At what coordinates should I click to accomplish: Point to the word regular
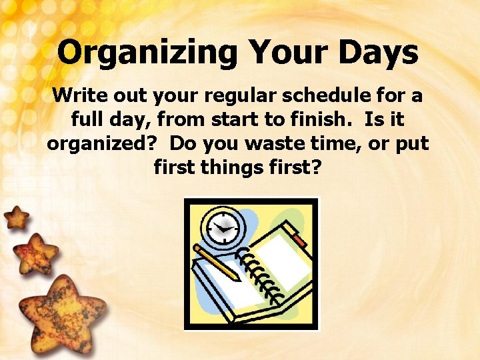pyautogui.click(x=230, y=96)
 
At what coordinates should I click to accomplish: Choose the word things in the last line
pyautogui.click(x=235, y=167)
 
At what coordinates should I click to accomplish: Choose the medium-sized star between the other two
pyautogui.click(x=35, y=253)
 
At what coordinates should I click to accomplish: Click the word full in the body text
pyautogui.click(x=85, y=120)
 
